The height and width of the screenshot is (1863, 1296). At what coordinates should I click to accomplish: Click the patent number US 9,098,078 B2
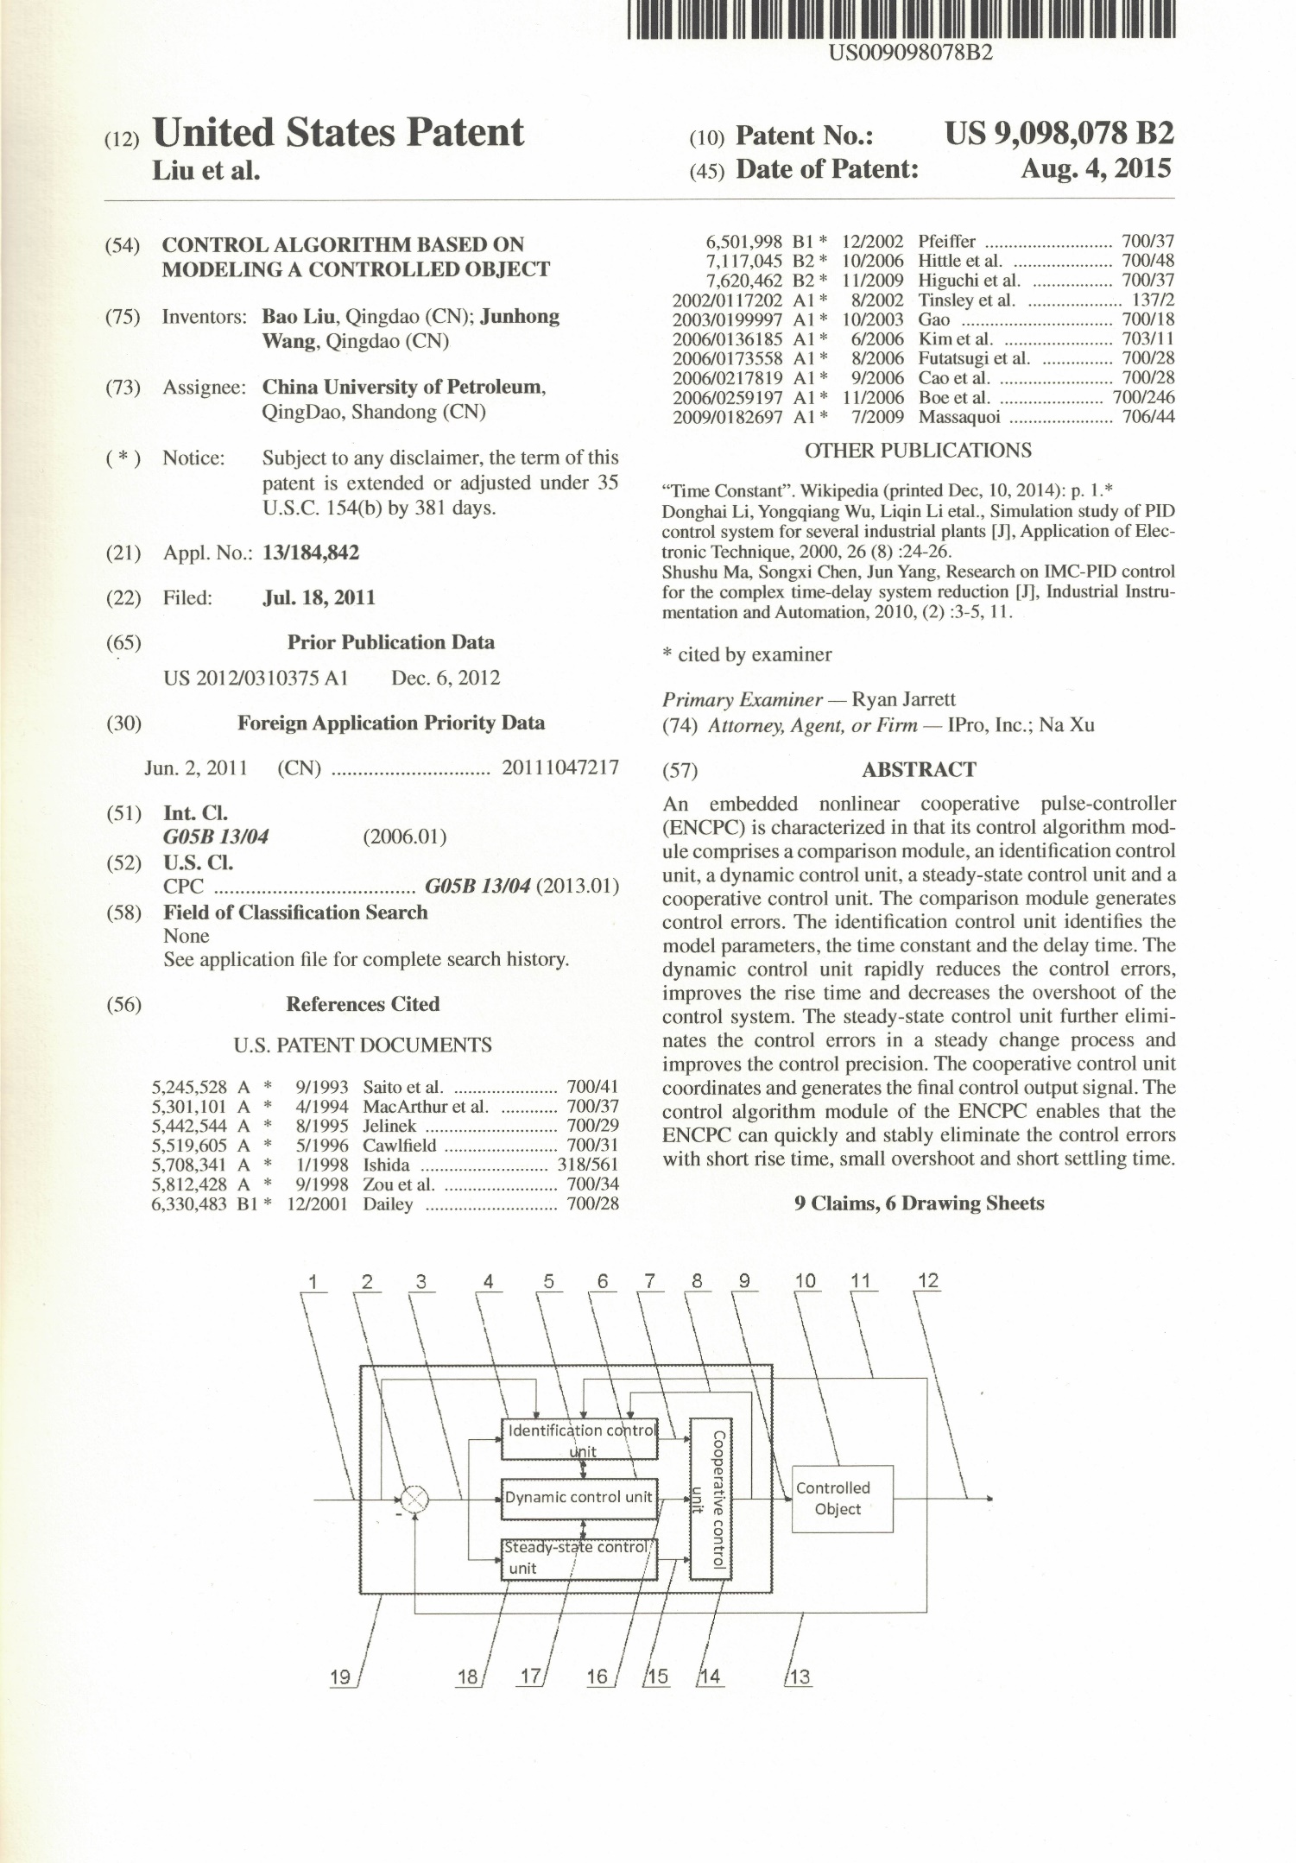[1059, 134]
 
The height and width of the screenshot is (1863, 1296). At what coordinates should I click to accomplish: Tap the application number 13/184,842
[310, 553]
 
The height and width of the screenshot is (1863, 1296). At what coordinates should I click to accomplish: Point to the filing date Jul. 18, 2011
[319, 597]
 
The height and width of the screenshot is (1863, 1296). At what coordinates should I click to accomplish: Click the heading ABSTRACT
[919, 769]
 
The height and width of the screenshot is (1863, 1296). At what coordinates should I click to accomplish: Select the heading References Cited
[363, 1004]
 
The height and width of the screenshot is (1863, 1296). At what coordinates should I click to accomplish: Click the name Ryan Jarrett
[903, 699]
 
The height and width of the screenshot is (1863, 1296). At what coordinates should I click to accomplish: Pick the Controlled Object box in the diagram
[842, 1499]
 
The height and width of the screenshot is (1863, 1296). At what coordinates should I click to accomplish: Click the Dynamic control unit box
[579, 1497]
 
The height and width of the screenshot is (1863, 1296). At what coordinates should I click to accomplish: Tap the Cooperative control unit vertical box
[711, 1497]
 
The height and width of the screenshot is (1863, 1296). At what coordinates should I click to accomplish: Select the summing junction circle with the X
[415, 1499]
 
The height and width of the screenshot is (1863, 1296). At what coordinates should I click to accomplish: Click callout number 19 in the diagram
[341, 1677]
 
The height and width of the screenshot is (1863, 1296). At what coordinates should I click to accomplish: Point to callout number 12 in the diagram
[927, 1280]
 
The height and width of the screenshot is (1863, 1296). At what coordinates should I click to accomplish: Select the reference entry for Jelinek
[389, 1127]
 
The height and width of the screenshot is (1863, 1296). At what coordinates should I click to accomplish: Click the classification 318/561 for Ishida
[588, 1165]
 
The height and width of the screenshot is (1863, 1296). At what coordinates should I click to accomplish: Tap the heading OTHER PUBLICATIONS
[918, 451]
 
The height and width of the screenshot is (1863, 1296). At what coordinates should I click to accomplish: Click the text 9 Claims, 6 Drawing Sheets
[919, 1203]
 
